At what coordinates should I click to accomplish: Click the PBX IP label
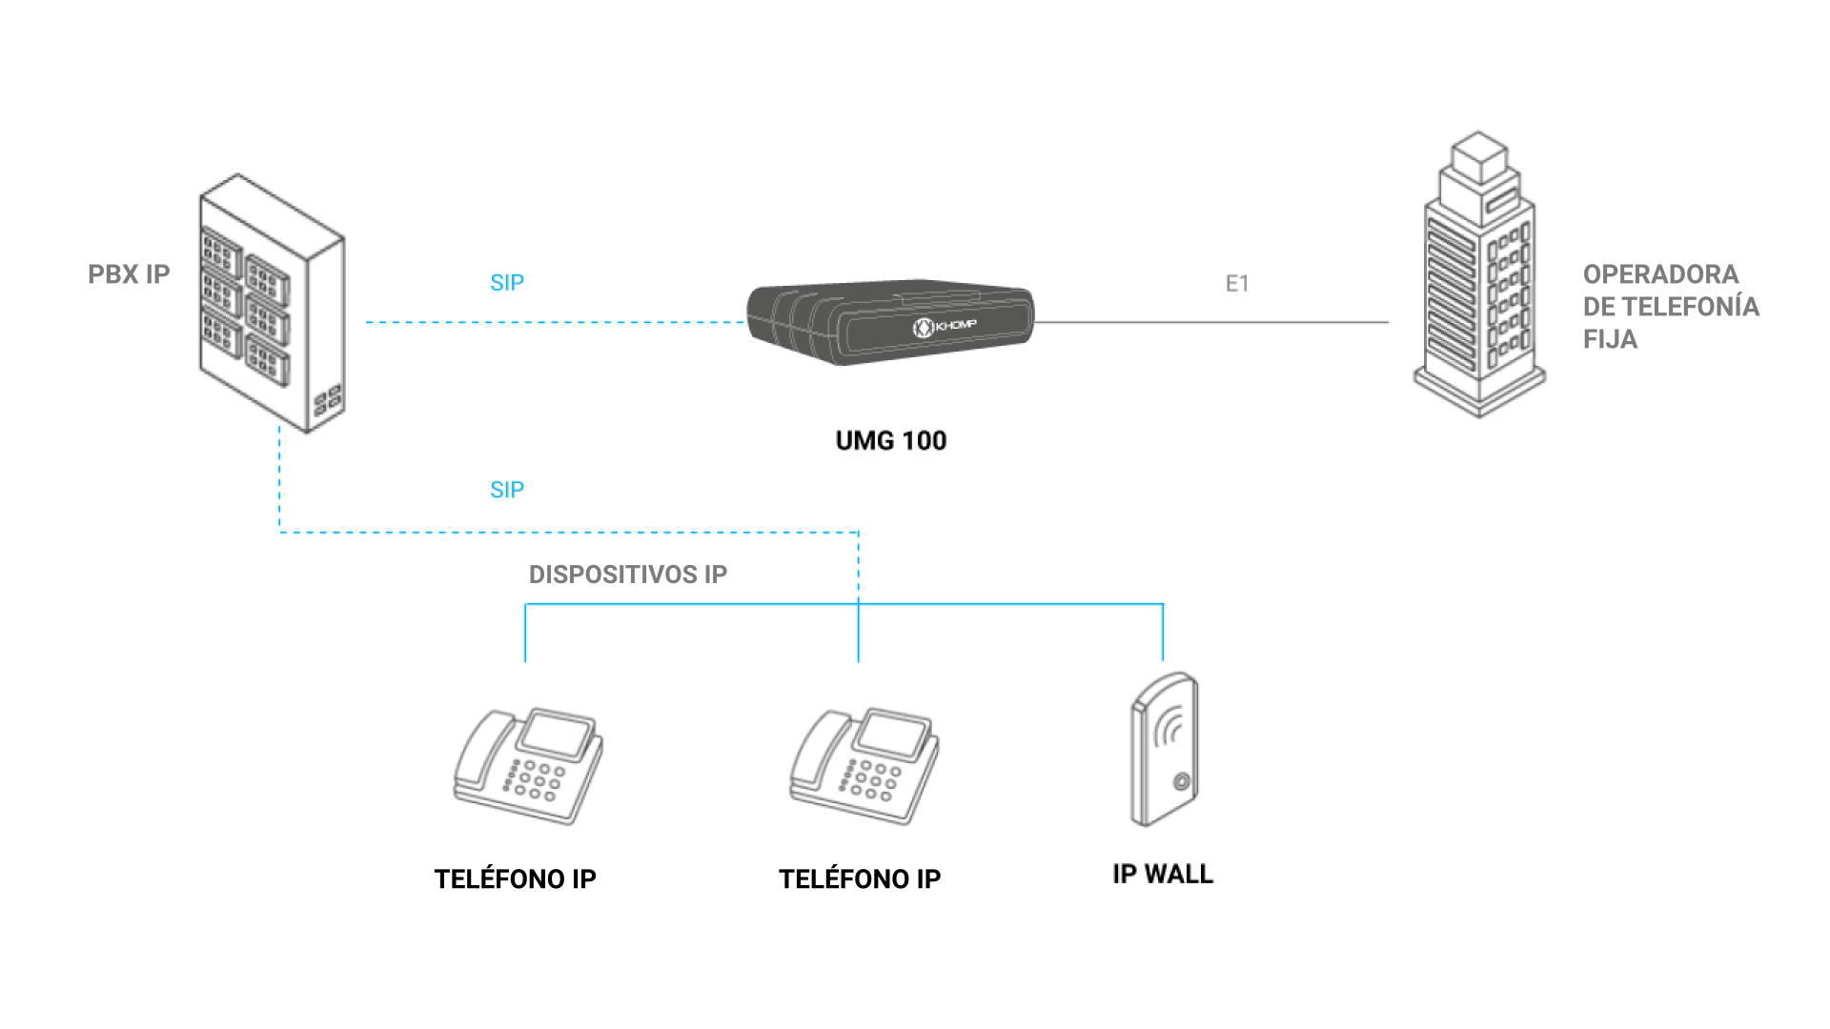[129, 274]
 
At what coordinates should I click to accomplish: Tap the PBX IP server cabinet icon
[272, 303]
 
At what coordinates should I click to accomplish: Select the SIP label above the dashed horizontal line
[507, 282]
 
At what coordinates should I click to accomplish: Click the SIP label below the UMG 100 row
[507, 490]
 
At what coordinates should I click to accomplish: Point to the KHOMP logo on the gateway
[945, 327]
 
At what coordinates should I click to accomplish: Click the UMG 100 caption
[891, 440]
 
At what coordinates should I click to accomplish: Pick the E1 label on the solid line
[1237, 283]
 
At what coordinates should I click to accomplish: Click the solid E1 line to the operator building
[1211, 322]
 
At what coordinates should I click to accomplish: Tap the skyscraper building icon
[1479, 274]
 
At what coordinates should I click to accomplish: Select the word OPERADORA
[1661, 274]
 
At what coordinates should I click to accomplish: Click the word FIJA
[1610, 339]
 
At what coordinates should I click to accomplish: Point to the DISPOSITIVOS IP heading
[628, 575]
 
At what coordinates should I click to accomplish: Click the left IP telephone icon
[529, 766]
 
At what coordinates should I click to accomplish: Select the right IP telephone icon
[864, 766]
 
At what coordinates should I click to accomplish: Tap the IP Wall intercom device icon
[1164, 749]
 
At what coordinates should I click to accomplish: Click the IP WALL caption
[1163, 874]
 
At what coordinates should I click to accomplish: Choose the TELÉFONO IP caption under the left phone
[516, 878]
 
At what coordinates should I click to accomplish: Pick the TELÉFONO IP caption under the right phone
[860, 878]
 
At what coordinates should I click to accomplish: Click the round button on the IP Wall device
[1182, 782]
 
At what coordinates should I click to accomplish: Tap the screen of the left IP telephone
[555, 733]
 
